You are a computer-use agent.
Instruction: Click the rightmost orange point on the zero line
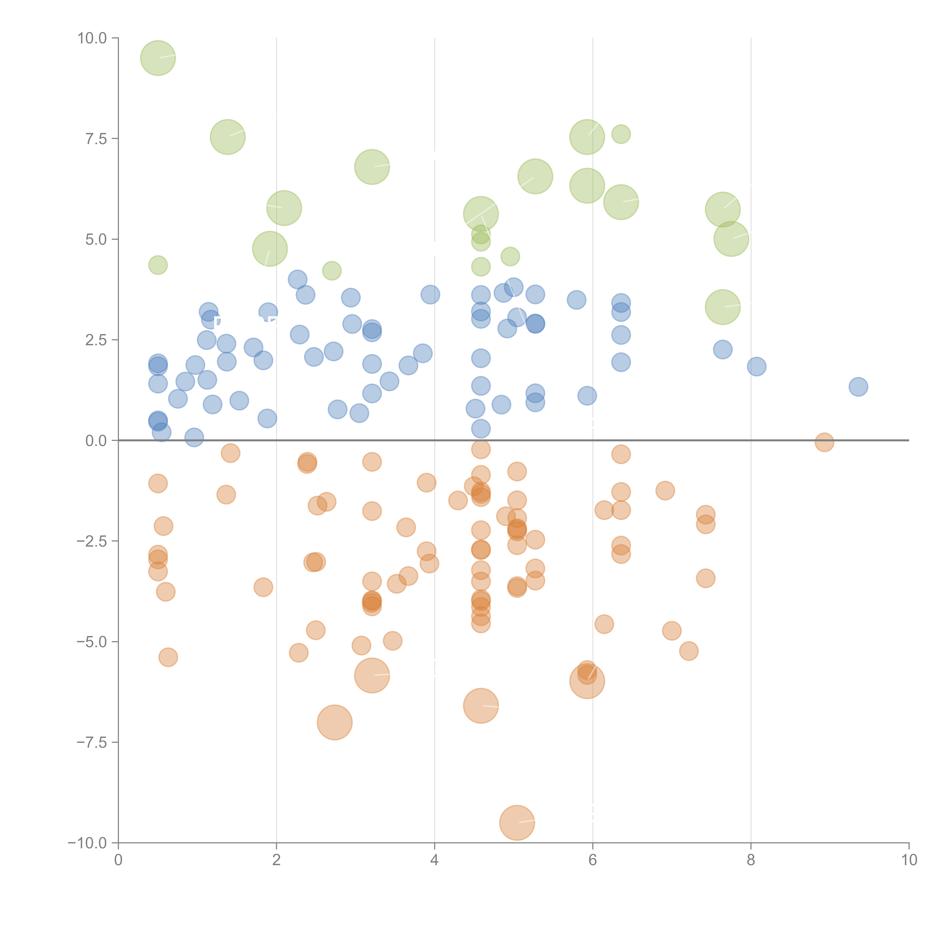(824, 442)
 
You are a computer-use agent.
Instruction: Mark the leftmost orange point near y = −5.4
(168, 657)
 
